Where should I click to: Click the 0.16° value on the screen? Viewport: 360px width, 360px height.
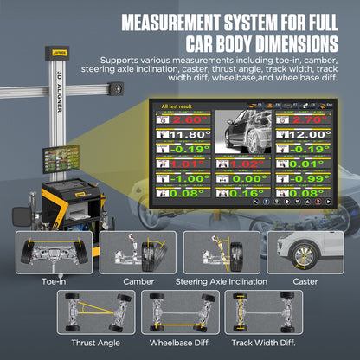(x=241, y=194)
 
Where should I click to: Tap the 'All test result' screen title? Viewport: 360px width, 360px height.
(x=178, y=106)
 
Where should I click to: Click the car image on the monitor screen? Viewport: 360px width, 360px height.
(x=241, y=130)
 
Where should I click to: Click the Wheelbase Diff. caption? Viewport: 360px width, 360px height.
(x=181, y=343)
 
